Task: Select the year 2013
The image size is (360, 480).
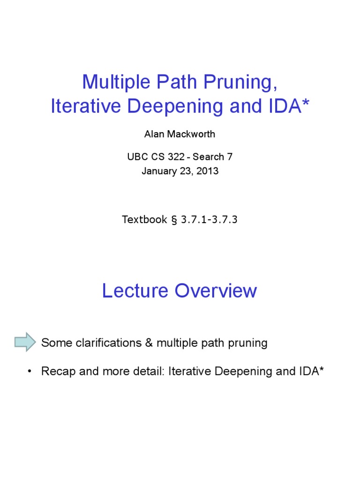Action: click(x=208, y=171)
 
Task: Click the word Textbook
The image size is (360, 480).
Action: click(x=144, y=219)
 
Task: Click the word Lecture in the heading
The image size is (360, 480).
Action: click(x=135, y=291)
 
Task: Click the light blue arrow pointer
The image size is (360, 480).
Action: click(x=25, y=342)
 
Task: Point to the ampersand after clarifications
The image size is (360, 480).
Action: click(x=149, y=343)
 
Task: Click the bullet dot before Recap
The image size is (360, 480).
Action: click(x=30, y=372)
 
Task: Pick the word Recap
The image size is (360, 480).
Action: click(x=57, y=372)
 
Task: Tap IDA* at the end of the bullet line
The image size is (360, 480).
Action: click(x=311, y=372)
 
